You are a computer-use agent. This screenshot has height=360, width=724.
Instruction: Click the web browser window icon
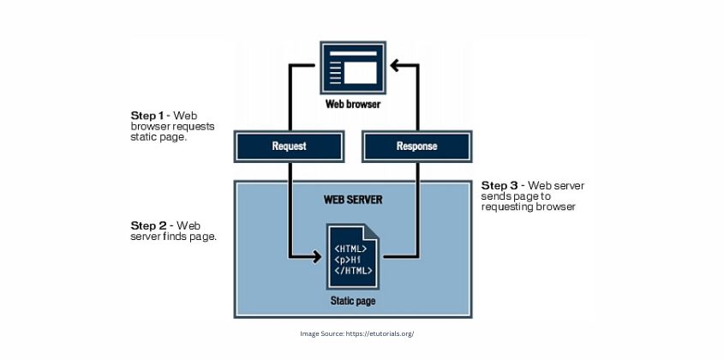(x=352, y=68)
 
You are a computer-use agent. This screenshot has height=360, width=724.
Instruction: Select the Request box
(x=289, y=146)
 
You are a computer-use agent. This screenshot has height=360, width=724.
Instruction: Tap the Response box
(x=416, y=146)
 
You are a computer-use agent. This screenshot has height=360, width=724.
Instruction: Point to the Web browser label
(x=352, y=105)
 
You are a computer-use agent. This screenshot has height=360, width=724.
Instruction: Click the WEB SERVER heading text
(x=353, y=200)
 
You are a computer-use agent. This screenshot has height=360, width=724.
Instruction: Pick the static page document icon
(x=352, y=256)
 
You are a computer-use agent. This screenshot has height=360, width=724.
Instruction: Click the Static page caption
(x=352, y=302)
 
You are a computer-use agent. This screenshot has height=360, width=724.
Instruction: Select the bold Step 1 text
(x=147, y=115)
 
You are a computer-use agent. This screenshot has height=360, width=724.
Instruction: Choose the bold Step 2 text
(x=147, y=225)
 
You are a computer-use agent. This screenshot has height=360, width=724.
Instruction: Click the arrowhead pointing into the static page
(x=314, y=255)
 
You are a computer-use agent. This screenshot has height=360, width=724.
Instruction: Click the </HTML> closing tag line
(x=351, y=270)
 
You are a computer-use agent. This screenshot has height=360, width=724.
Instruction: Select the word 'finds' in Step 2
(x=177, y=237)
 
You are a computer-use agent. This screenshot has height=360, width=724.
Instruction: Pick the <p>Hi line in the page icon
(x=349, y=260)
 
